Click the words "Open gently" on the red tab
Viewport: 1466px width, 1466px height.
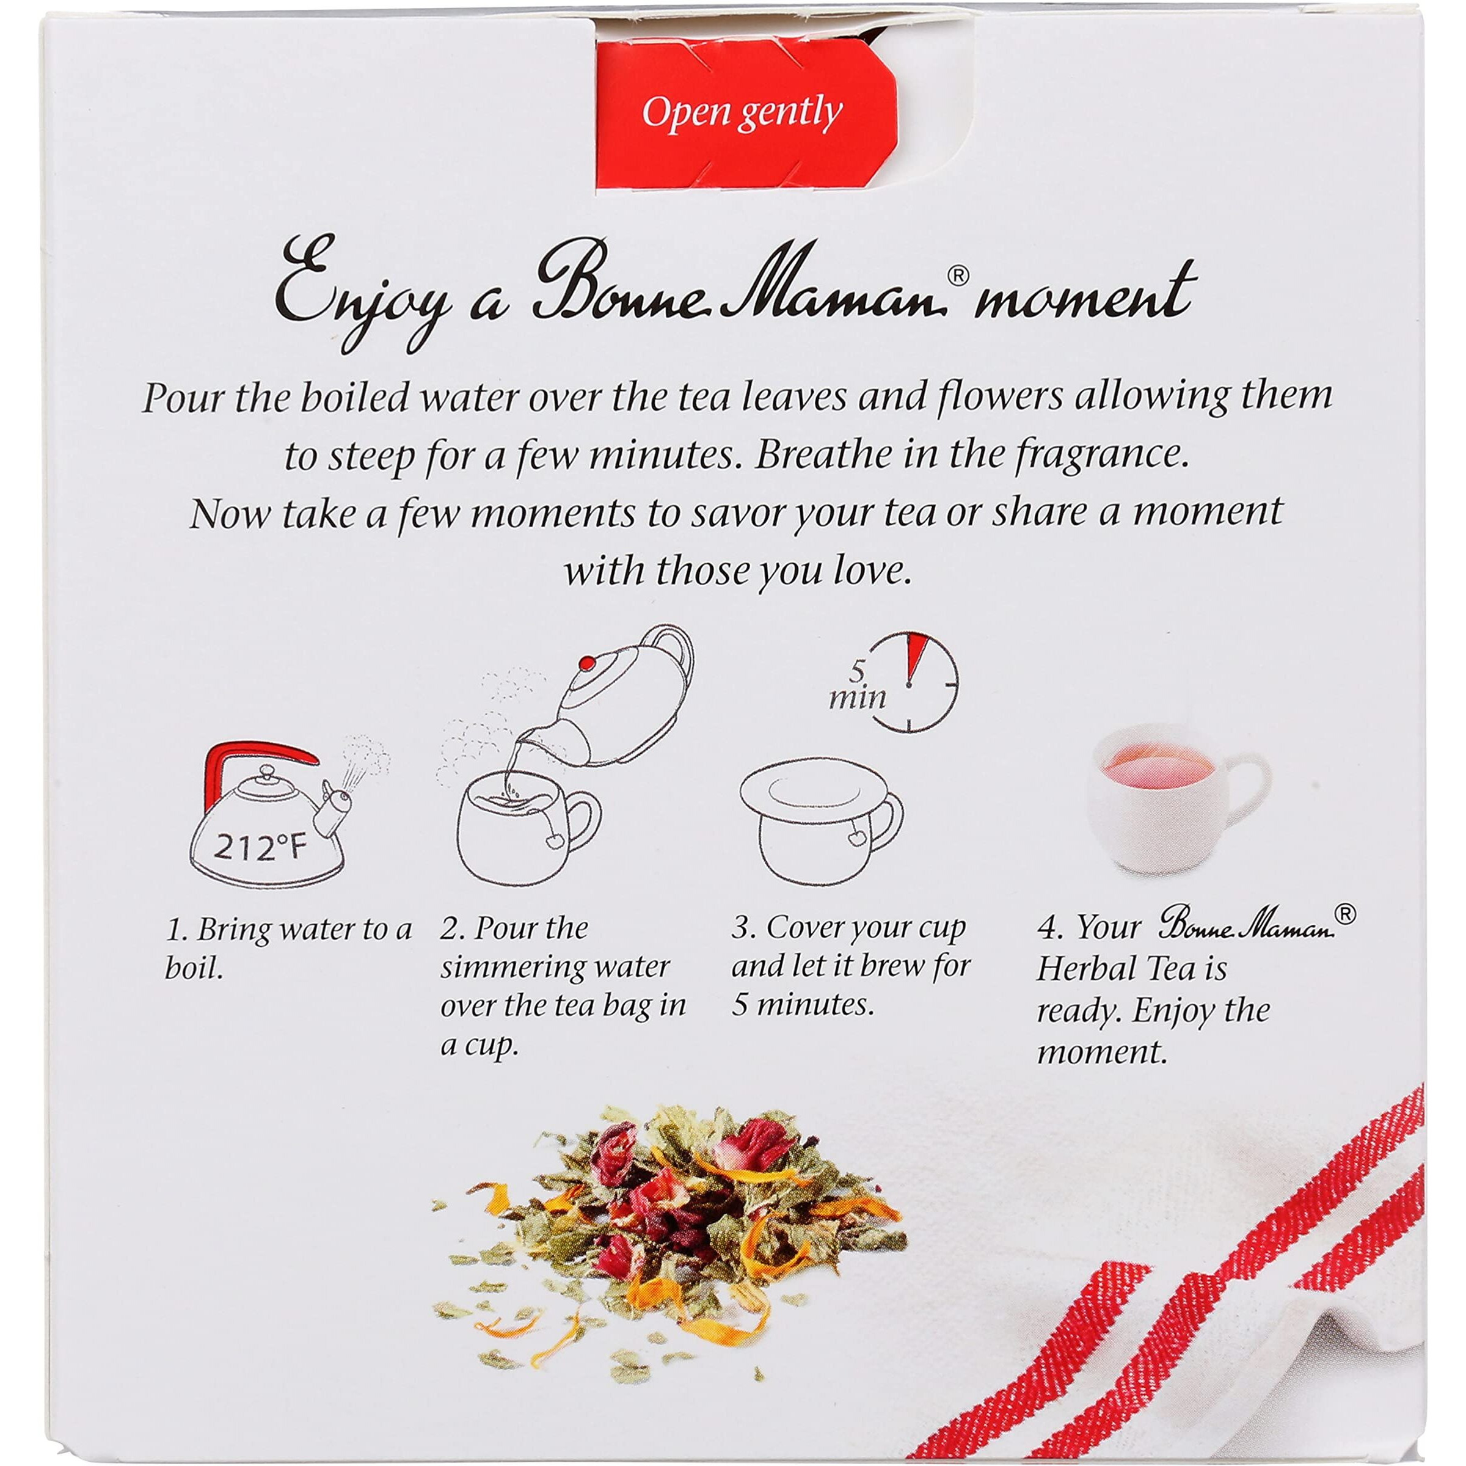click(x=742, y=114)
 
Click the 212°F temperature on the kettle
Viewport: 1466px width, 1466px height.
click(x=258, y=846)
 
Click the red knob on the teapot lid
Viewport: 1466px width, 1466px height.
click(x=585, y=665)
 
